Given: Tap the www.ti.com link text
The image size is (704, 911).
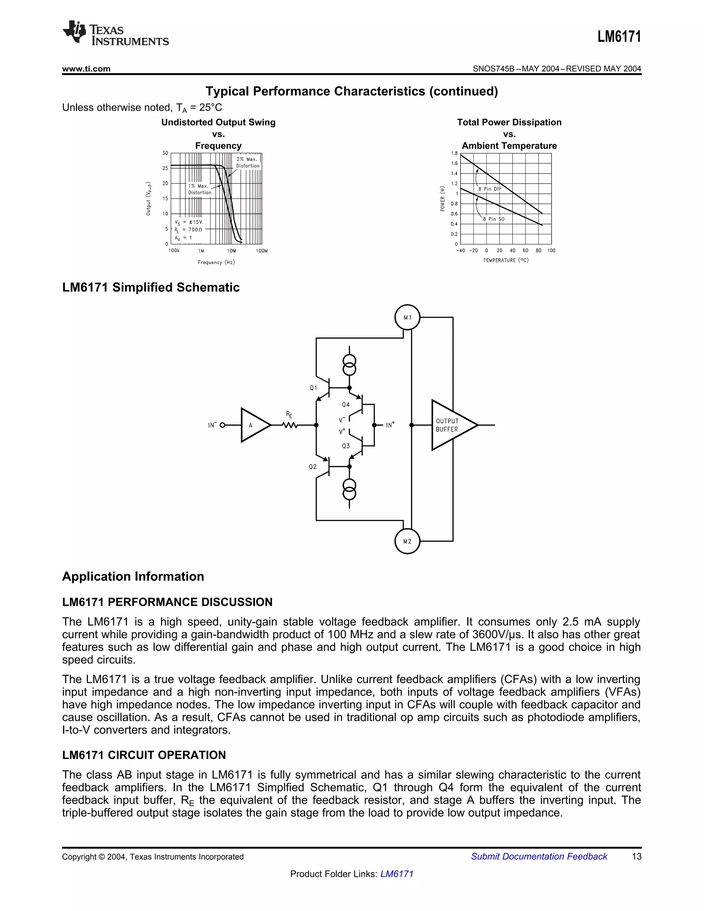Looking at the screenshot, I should click(x=86, y=69).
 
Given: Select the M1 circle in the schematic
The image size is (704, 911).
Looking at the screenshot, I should click(x=407, y=317).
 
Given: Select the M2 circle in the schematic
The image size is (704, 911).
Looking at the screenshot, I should click(x=407, y=541).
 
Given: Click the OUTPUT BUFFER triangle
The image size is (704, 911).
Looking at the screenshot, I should click(x=450, y=425).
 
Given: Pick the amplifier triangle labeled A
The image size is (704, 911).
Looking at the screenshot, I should click(x=253, y=425).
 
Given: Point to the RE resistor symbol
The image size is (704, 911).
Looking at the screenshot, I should click(x=289, y=425).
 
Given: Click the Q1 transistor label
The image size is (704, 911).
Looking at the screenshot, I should click(x=313, y=388).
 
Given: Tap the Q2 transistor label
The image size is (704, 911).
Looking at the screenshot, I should click(x=313, y=467).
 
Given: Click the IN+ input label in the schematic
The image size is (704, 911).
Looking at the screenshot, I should click(x=390, y=425).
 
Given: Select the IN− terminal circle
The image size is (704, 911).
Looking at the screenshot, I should click(x=222, y=425).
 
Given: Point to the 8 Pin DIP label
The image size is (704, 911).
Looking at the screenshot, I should click(x=489, y=189).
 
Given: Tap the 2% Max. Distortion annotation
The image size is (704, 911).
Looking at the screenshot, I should click(x=247, y=162).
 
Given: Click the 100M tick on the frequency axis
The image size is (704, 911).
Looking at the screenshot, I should click(x=262, y=251).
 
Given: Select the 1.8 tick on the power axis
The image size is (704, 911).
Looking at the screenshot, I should click(x=454, y=153).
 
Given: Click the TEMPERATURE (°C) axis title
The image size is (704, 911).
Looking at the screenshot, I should click(x=505, y=260).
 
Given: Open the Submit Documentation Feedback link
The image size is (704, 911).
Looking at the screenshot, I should click(x=539, y=856).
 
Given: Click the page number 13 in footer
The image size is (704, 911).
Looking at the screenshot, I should click(x=636, y=856).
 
